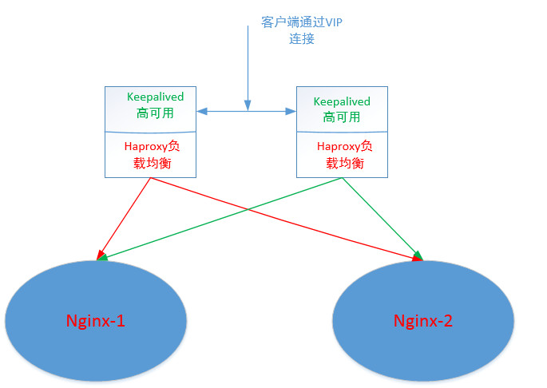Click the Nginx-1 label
coord(95,322)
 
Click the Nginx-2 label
coord(422,321)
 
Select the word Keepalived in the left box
coord(155,97)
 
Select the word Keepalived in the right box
coord(342,101)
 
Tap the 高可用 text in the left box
coord(154,113)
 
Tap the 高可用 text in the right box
coord(341,117)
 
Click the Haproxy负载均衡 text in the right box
coord(344,154)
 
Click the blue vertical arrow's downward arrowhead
coord(248,105)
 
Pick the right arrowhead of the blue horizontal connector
coord(291,111)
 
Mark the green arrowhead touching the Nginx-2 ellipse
coord(418,255)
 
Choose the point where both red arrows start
coord(152,177)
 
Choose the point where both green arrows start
coord(342,177)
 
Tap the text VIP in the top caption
coord(331,22)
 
